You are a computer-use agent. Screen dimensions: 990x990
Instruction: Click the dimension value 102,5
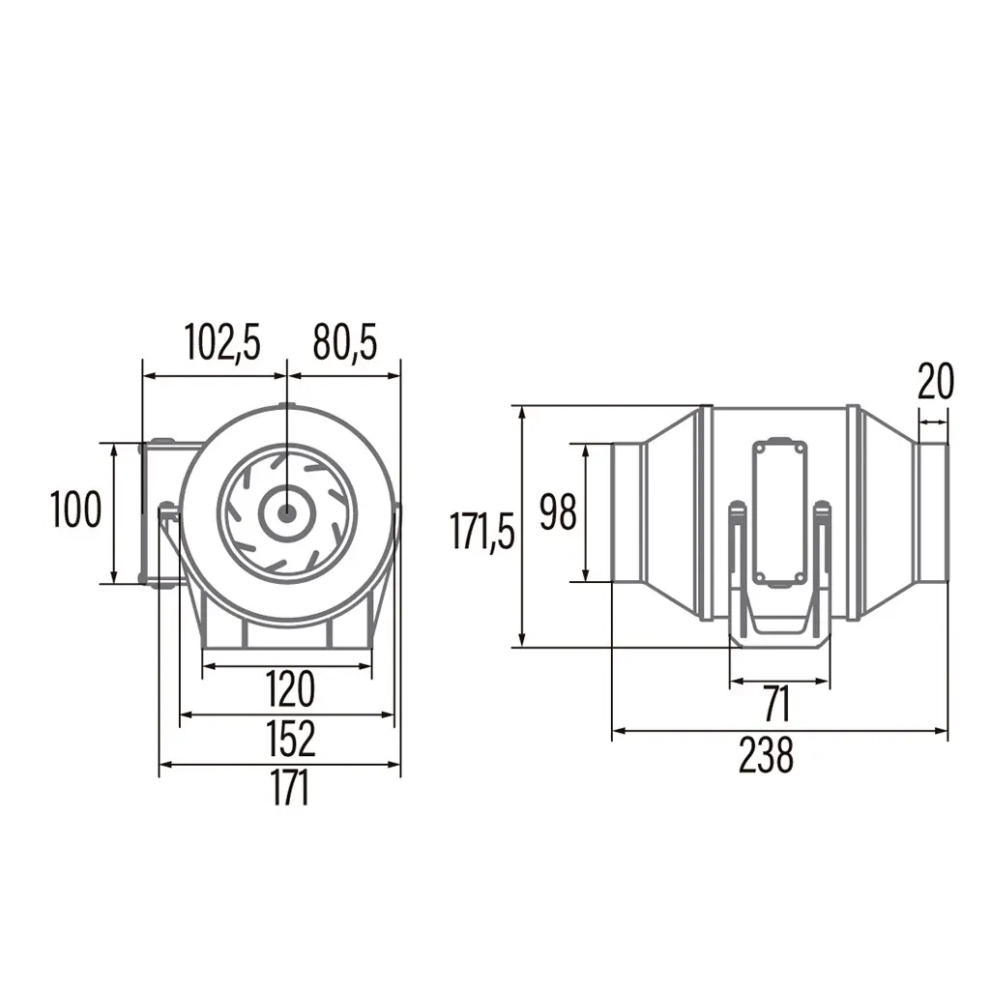tap(222, 343)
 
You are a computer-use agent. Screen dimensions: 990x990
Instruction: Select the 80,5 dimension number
tap(345, 343)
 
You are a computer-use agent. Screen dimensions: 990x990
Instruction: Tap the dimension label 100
tap(75, 509)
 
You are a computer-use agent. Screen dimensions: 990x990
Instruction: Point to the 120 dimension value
tap(290, 689)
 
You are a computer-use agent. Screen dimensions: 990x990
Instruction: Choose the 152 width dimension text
tap(290, 738)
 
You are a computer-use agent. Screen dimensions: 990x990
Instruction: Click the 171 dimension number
tap(290, 787)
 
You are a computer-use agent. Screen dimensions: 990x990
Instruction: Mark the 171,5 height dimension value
tap(482, 532)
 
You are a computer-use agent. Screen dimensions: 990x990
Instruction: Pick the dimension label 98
tap(558, 512)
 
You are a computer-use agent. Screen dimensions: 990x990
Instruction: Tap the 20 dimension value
tap(936, 381)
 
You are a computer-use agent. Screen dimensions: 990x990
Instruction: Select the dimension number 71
tap(777, 704)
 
